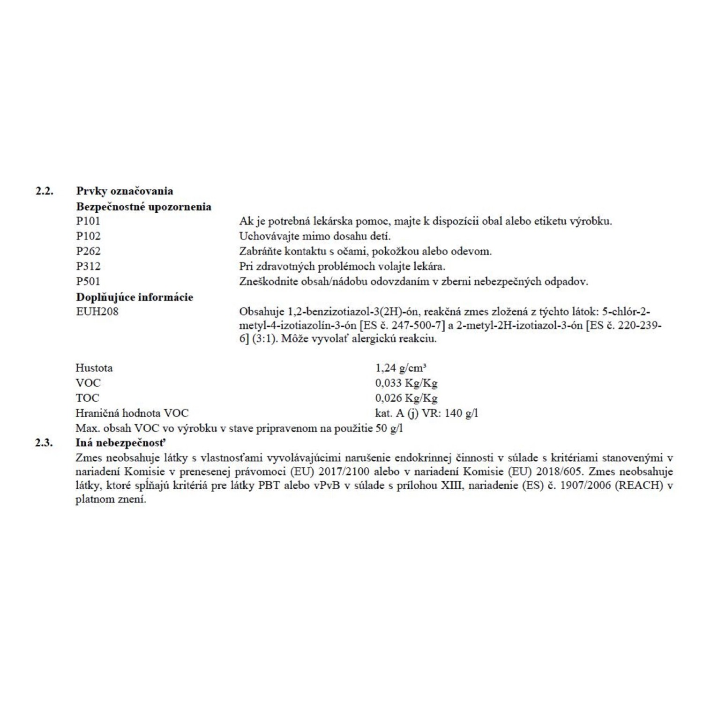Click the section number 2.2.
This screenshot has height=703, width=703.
[x=45, y=191]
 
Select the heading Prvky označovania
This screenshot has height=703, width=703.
[x=125, y=191]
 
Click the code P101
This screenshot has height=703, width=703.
[x=88, y=221]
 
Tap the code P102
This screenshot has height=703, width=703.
[x=88, y=236]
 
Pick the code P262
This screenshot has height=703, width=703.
[x=88, y=251]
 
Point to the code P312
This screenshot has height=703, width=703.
[x=88, y=266]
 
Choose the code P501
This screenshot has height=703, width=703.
[x=88, y=281]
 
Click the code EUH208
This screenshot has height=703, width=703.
[x=97, y=312]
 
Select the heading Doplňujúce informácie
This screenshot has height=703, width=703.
[x=135, y=297]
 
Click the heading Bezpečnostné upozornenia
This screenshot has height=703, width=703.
[x=143, y=207]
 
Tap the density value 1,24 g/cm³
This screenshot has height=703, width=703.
[x=401, y=368]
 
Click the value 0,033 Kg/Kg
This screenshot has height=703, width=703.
[x=406, y=383]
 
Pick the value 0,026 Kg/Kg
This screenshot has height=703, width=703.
[x=406, y=398]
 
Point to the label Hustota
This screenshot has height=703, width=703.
[x=94, y=368]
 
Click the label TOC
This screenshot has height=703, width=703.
[x=88, y=398]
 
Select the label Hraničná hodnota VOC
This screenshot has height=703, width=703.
[x=132, y=413]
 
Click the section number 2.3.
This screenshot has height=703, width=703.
[x=44, y=442]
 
